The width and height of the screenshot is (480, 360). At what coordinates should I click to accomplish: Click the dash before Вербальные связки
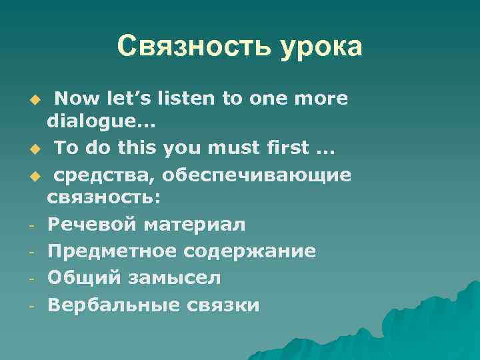point(32,305)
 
